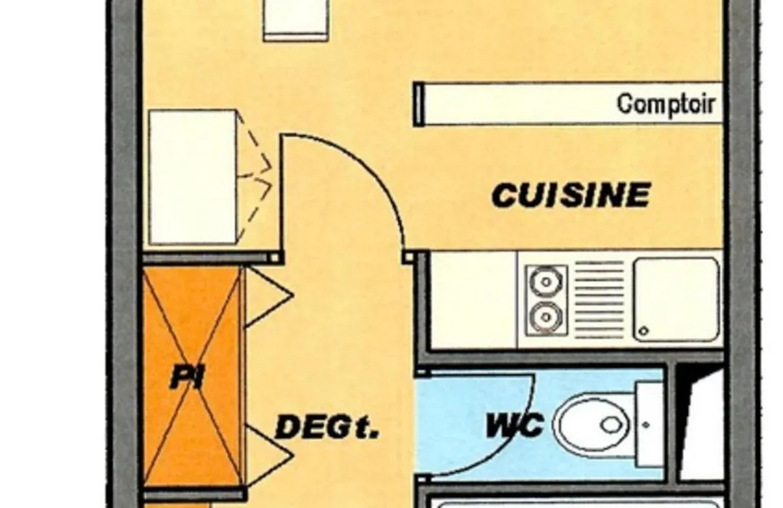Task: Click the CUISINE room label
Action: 571,195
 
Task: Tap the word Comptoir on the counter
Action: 666,105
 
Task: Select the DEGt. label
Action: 327,427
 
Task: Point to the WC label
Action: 515,425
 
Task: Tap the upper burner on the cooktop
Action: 547,282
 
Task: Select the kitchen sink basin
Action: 676,299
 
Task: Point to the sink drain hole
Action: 644,330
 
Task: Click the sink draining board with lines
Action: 600,299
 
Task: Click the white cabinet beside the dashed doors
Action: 192,177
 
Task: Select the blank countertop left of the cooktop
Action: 473,300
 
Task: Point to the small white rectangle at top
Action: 296,19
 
